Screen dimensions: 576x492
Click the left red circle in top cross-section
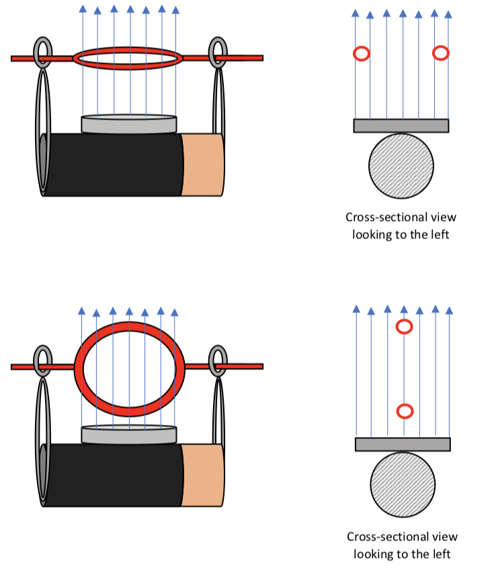361,53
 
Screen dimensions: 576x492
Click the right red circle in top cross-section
441,53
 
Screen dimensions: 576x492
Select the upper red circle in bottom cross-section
404,327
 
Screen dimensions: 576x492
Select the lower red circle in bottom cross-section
404,411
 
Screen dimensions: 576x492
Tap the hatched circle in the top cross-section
401,166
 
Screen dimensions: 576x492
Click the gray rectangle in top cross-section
401,126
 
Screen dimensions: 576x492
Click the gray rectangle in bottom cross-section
402,444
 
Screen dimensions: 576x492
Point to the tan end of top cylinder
202,164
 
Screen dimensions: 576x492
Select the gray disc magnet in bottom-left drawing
128,435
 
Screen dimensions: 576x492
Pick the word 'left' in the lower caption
440,554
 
